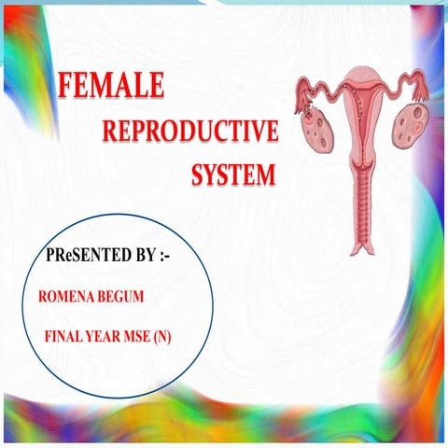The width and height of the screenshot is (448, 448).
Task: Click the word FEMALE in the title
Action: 110,87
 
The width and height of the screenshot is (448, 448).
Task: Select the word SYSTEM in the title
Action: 234,175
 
